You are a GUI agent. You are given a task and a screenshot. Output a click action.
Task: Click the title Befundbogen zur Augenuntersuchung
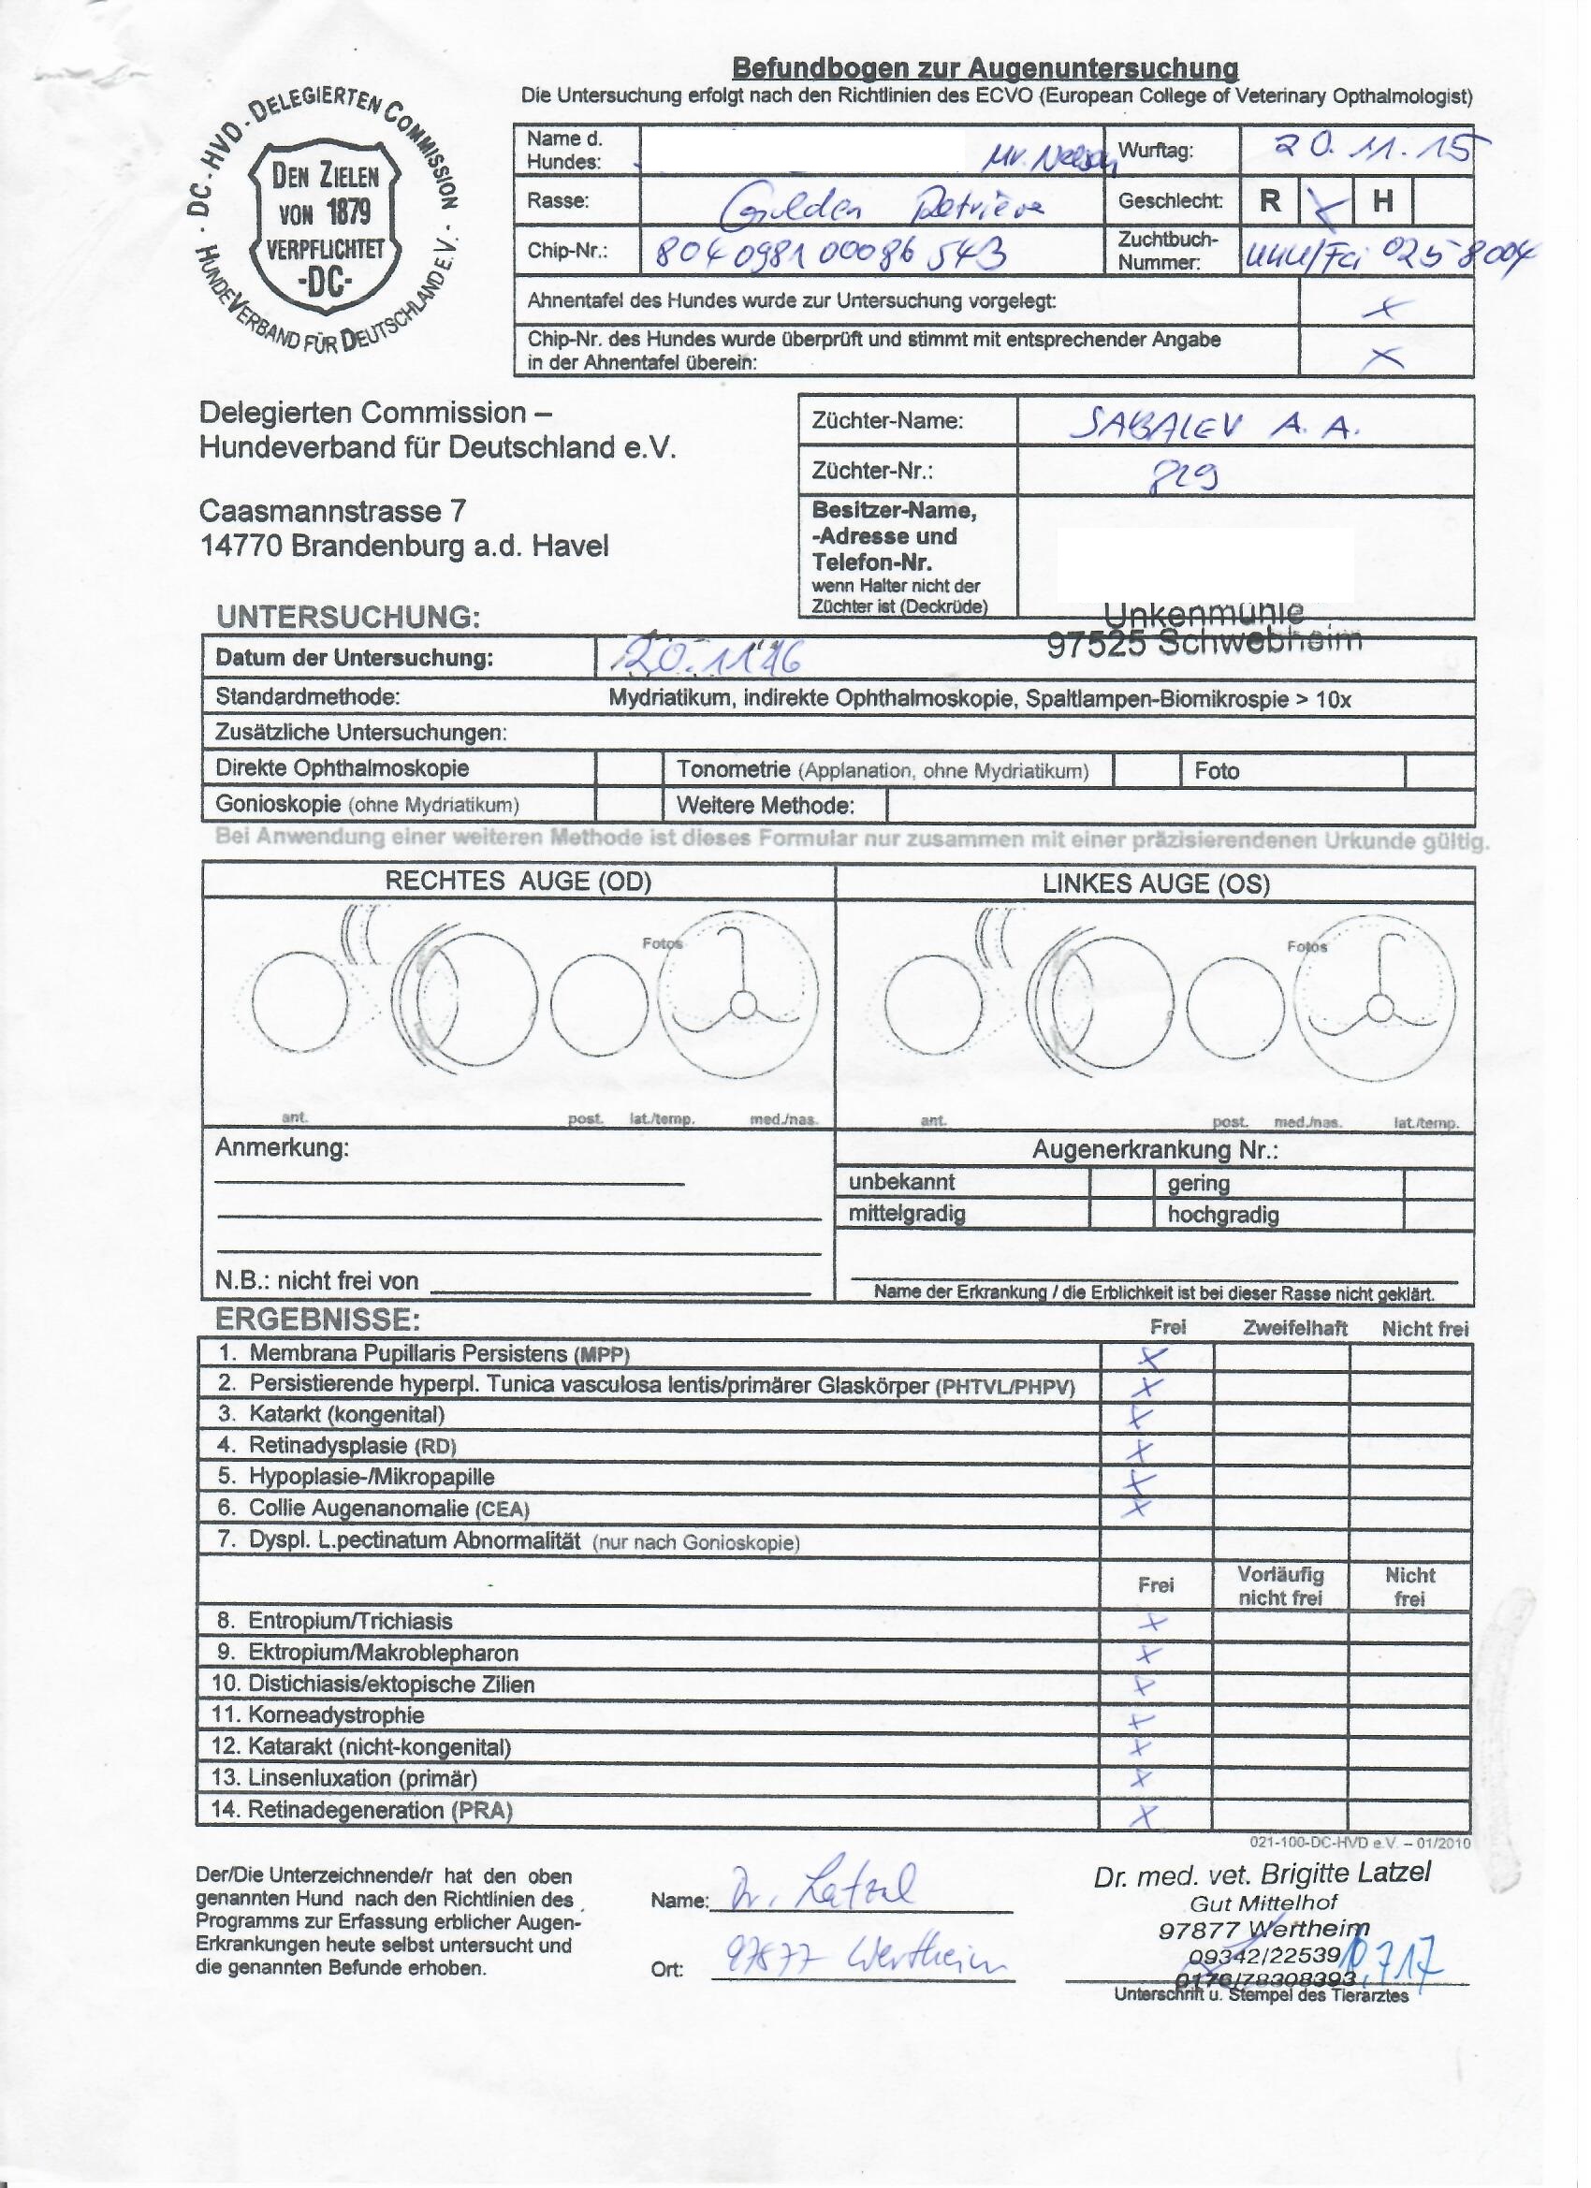[x=985, y=68]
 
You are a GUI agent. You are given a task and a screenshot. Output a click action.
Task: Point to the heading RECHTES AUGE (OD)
[x=518, y=881]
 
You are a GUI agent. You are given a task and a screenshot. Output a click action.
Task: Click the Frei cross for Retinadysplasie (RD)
[x=1141, y=1449]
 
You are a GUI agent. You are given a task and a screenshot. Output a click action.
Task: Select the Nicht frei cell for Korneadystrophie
[x=1409, y=1715]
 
